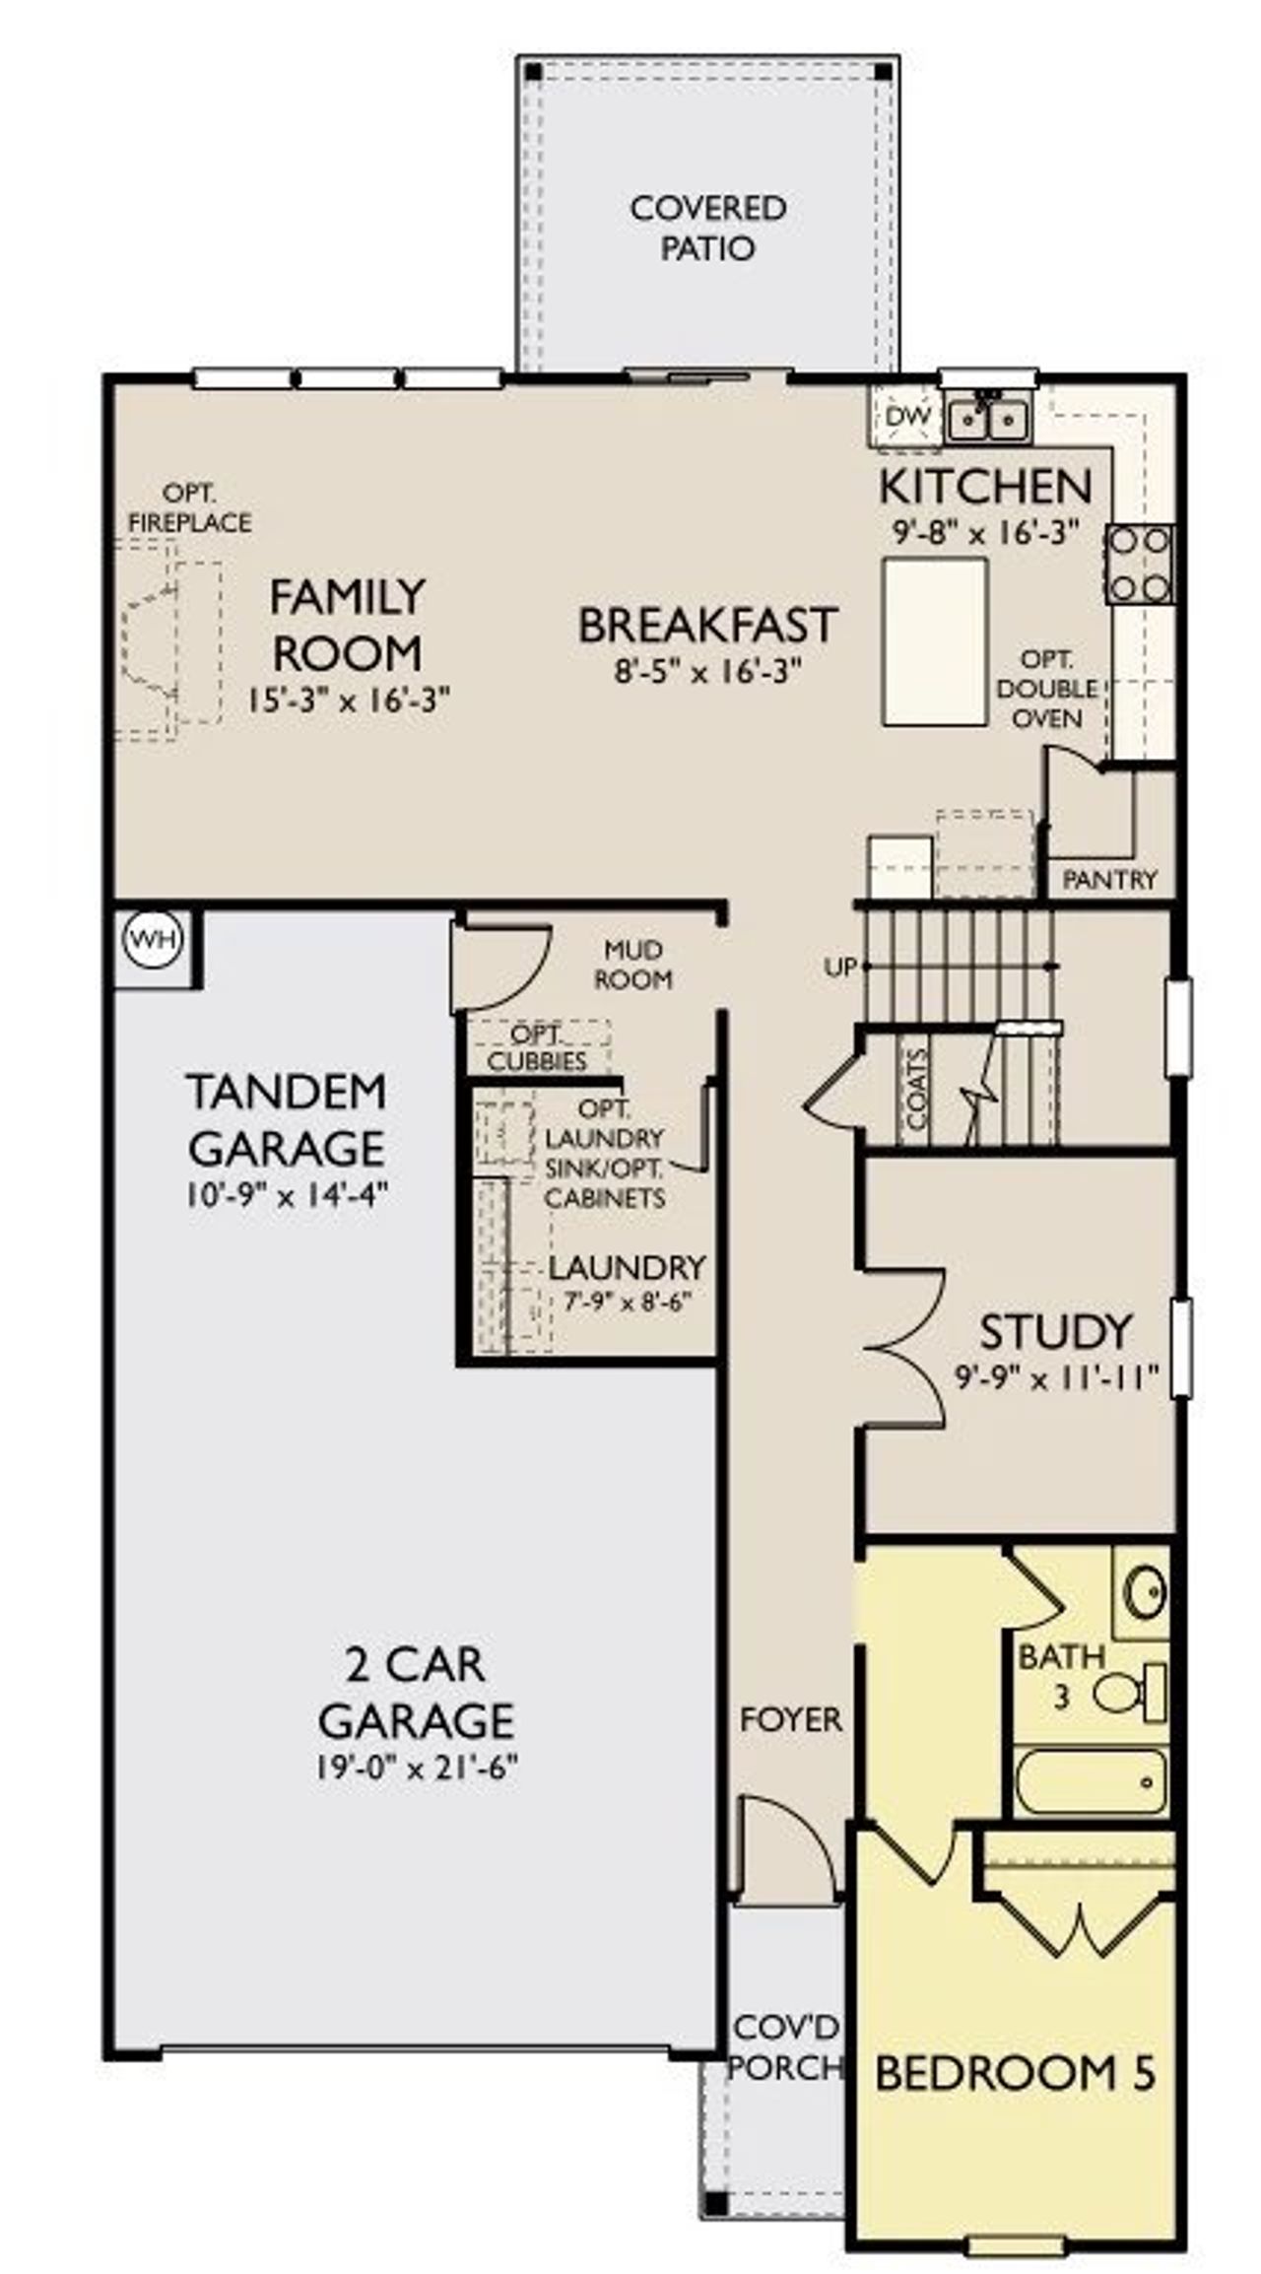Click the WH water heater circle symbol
(x=156, y=939)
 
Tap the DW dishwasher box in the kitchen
(x=906, y=417)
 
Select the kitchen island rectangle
(x=935, y=641)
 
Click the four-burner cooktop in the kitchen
(x=1139, y=565)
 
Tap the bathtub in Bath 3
(x=1092, y=1780)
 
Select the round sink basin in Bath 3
(x=1146, y=1593)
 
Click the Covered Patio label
(x=707, y=228)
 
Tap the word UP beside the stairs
(x=839, y=968)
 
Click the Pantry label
(x=1109, y=879)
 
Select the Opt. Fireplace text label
(x=189, y=507)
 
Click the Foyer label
(x=790, y=1719)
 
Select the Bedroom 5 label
(x=1015, y=2073)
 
